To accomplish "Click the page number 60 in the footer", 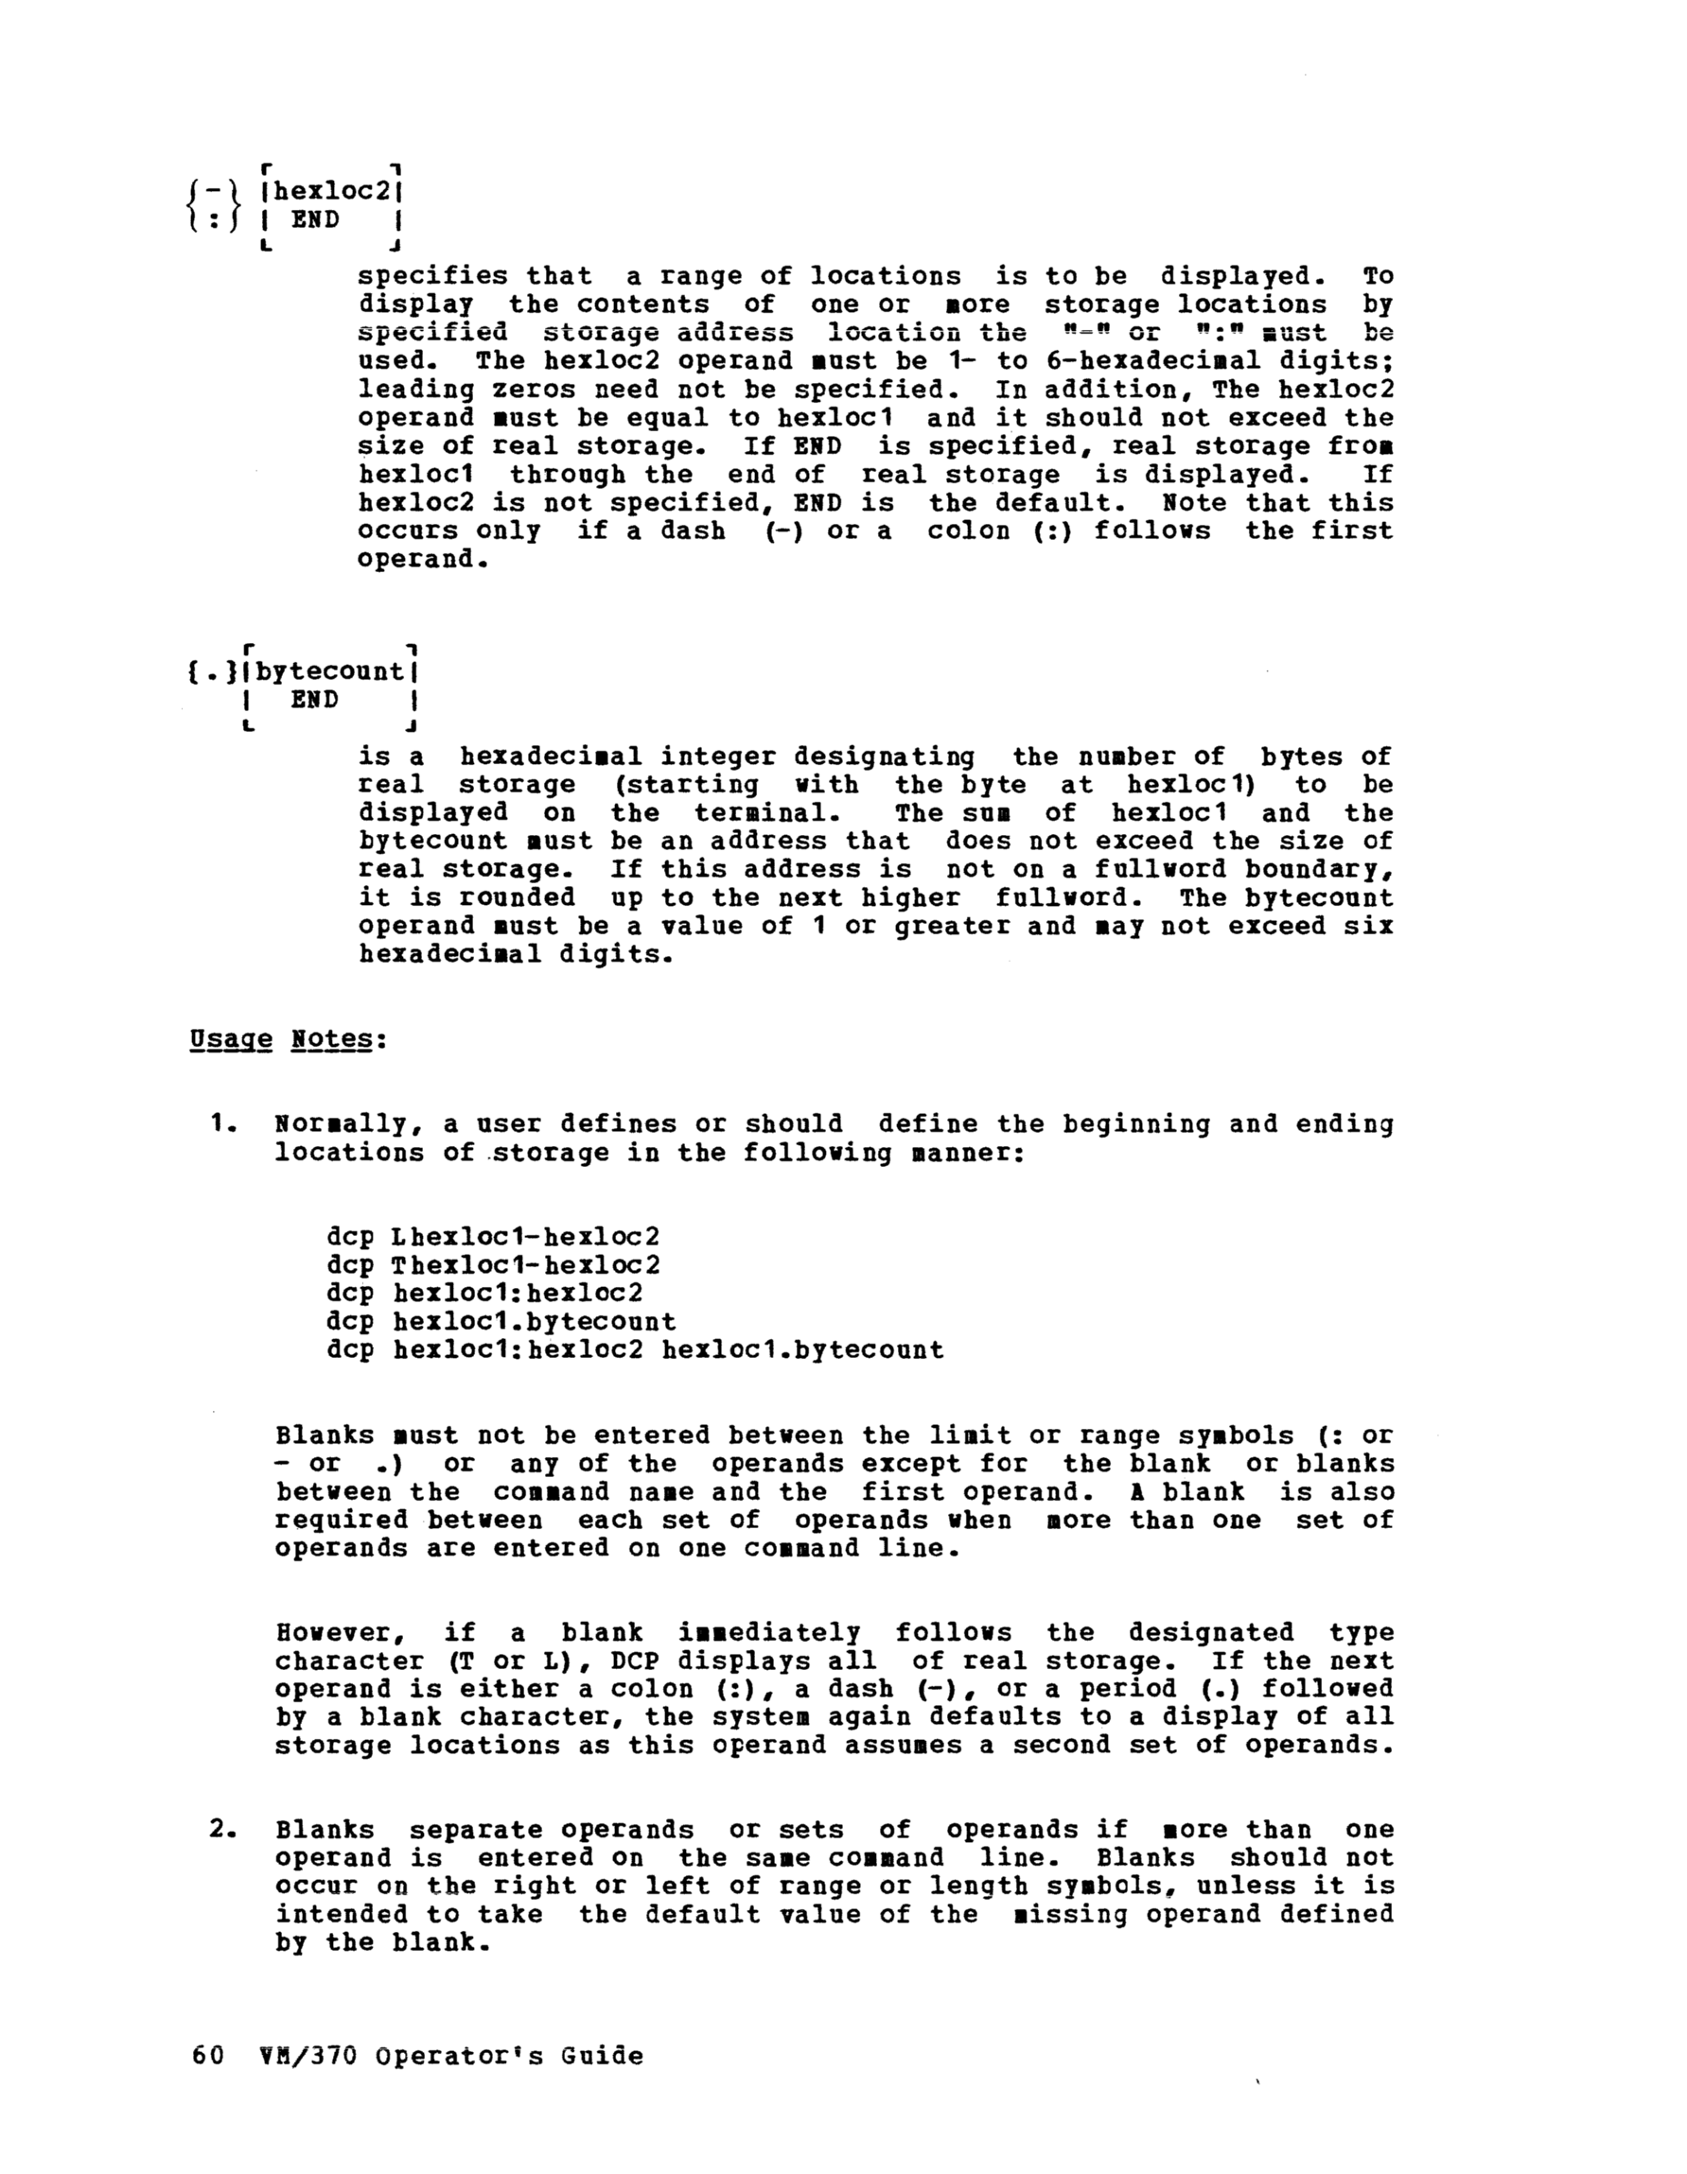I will [x=206, y=2056].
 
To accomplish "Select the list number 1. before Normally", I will [x=222, y=1125].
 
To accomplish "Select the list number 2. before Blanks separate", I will [x=222, y=1830].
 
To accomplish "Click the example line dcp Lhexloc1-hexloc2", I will [x=493, y=1237].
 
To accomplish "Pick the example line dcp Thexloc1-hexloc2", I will [x=493, y=1265].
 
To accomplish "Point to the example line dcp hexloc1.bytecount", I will [x=501, y=1322].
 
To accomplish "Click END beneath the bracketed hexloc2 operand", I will [x=315, y=219].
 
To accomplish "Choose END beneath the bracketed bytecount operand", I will [x=315, y=700].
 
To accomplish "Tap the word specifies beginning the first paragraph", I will [x=432, y=276].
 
